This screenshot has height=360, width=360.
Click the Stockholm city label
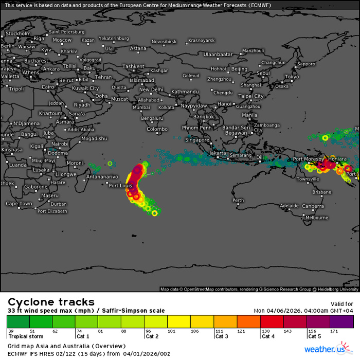[19, 33]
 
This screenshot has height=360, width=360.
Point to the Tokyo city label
[292, 77]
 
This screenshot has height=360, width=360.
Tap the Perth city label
[238, 200]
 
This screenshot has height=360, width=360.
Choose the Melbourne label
[317, 218]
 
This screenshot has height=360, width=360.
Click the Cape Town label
[19, 204]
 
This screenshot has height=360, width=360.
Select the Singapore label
[198, 140]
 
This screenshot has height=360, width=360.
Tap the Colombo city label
[157, 130]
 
